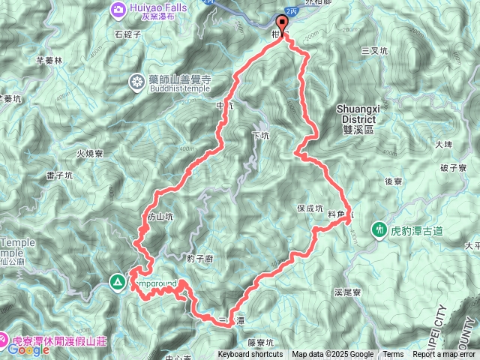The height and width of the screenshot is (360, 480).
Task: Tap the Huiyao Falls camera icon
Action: tap(118, 9)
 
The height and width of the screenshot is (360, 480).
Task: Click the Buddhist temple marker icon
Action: tap(137, 81)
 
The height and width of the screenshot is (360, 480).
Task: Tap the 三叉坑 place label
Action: tap(374, 50)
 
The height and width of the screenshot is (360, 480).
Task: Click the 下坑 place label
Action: tap(260, 136)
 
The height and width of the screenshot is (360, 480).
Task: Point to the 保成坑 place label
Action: tap(310, 208)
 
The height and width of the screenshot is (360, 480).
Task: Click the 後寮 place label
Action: tap(394, 181)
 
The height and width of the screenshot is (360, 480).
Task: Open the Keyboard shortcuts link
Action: tap(250, 355)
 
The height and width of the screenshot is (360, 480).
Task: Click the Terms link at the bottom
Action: tap(393, 355)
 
